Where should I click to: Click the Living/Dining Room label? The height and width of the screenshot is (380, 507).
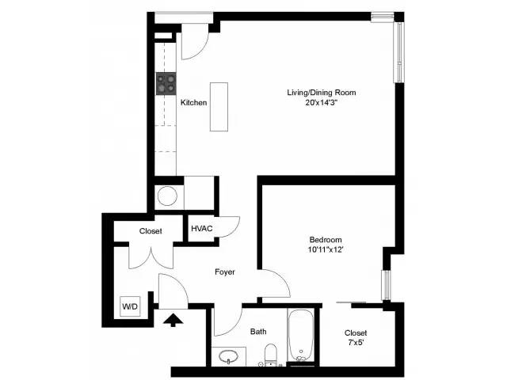321,93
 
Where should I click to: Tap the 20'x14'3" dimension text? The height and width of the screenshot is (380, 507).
321,103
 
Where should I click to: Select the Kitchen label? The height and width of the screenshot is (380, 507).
193,103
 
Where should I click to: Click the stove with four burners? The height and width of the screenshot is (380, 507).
166,83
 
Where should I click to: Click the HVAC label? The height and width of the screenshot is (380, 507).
201,229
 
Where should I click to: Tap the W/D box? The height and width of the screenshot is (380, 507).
128,306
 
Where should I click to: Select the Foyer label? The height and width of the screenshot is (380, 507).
226,272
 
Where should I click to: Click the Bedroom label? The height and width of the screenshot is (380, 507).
325,240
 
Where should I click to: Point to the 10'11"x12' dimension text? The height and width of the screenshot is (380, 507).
325,250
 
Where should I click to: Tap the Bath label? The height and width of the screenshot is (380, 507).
258,332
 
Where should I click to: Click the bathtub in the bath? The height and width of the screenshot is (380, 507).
302,336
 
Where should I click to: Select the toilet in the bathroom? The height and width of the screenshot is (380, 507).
269,355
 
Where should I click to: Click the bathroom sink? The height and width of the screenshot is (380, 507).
229,357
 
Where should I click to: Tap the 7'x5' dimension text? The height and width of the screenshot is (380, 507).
356,344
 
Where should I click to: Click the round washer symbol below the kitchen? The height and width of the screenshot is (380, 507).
168,195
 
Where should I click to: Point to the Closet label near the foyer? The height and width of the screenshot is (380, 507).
151,231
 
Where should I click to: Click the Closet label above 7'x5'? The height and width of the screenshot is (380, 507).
356,333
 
